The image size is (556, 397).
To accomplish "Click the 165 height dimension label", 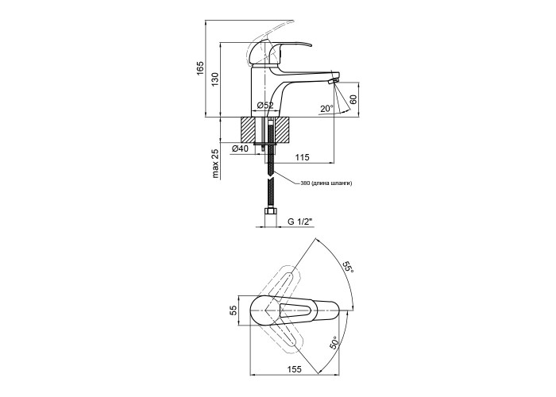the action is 200,68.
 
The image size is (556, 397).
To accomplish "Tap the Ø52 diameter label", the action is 265,106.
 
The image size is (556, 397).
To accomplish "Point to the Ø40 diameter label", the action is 240,149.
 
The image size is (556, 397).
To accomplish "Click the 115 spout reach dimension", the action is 302,157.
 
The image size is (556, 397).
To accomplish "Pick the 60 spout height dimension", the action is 353,99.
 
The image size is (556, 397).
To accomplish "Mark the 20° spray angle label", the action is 326,109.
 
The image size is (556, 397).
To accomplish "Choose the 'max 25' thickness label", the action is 215,164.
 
